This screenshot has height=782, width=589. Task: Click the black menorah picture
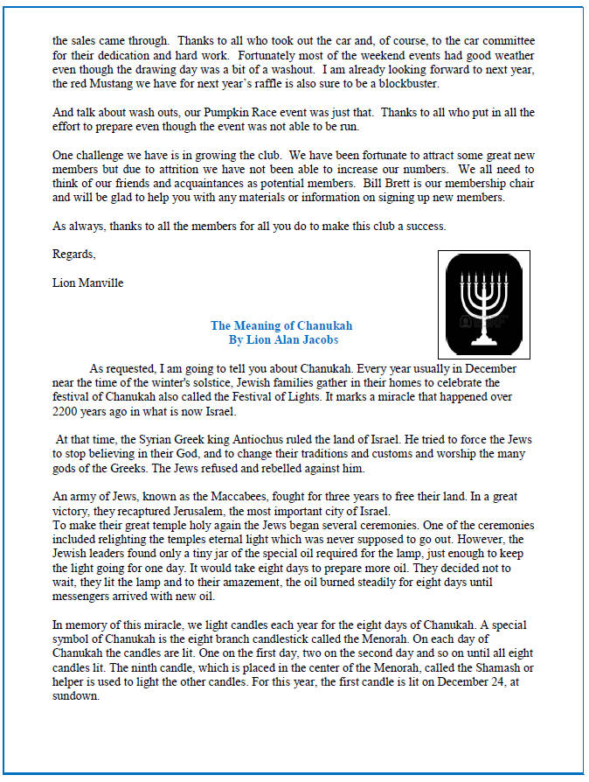pyautogui.click(x=484, y=303)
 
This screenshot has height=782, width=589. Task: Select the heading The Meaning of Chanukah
pyautogui.click(x=281, y=325)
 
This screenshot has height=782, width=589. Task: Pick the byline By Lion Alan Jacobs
pyautogui.click(x=281, y=339)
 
